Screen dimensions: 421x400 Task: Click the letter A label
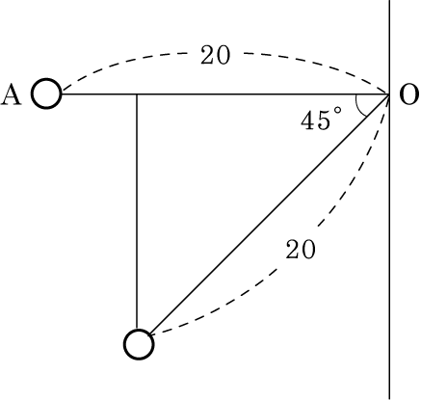coord(12,95)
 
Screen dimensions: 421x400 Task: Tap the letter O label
coord(408,95)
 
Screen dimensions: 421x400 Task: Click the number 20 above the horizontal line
coord(216,55)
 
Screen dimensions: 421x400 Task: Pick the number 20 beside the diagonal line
coord(301,250)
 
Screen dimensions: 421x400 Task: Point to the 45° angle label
coord(321,120)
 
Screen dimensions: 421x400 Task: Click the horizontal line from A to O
coord(225,94)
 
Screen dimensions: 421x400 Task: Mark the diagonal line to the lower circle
coord(270,214)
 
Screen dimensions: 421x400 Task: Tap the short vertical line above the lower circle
coord(137,212)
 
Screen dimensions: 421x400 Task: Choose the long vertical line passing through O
coord(390,200)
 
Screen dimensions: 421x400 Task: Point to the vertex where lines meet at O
coord(390,94)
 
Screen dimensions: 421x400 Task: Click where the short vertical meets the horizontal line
coord(137,94)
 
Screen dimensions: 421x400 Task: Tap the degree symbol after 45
coord(337,111)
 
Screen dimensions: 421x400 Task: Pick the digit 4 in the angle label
coord(308,120)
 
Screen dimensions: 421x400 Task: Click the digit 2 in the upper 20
coord(208,55)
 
